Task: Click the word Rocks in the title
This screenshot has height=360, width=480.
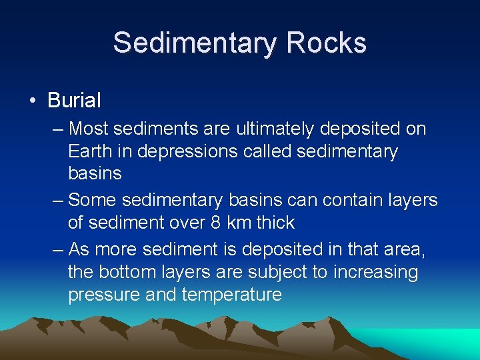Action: pyautogui.click(x=327, y=43)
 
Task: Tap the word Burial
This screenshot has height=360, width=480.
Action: pyautogui.click(x=74, y=101)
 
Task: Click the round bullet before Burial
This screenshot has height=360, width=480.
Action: pyautogui.click(x=32, y=102)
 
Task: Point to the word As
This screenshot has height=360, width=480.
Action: pyautogui.click(x=79, y=249)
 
